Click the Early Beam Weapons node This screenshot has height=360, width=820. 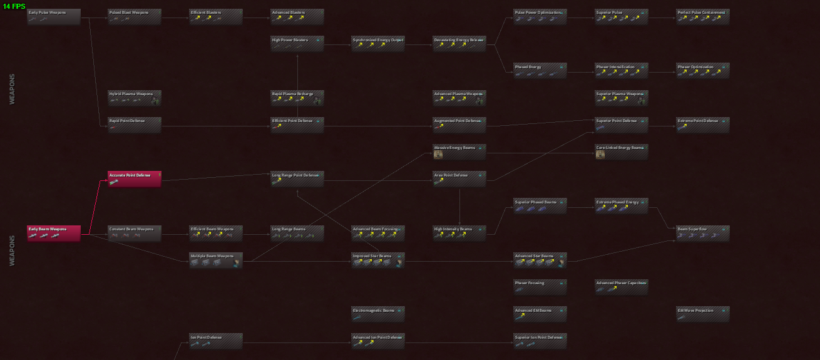pyautogui.click(x=54, y=233)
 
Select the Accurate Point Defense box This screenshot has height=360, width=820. pyautogui.click(x=135, y=178)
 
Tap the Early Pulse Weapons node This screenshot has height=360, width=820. pyautogui.click(x=54, y=16)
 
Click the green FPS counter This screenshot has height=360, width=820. pyautogui.click(x=14, y=6)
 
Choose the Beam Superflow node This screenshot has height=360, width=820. pyautogui.click(x=703, y=233)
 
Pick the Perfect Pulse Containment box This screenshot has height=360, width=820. pyautogui.click(x=703, y=16)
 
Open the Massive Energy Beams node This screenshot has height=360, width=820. pyautogui.click(x=459, y=152)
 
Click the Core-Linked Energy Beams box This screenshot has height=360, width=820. pyautogui.click(x=622, y=152)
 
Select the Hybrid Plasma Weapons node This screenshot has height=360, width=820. pyautogui.click(x=135, y=98)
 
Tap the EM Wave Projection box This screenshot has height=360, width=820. pyautogui.click(x=703, y=314)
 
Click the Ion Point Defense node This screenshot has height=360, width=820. pyautogui.click(x=216, y=341)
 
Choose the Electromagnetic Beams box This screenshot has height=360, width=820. pyautogui.click(x=378, y=314)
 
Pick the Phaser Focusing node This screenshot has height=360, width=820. pyautogui.click(x=540, y=287)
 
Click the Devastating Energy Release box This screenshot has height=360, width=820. pyautogui.click(x=459, y=43)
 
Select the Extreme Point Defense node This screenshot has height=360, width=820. pyautogui.click(x=703, y=125)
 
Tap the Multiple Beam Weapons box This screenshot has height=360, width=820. pyautogui.click(x=216, y=260)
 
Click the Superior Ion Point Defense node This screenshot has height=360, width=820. pyautogui.click(x=540, y=341)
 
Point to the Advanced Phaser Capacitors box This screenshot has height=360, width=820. pyautogui.click(x=622, y=287)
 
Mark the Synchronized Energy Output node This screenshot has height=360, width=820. pyautogui.click(x=378, y=43)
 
